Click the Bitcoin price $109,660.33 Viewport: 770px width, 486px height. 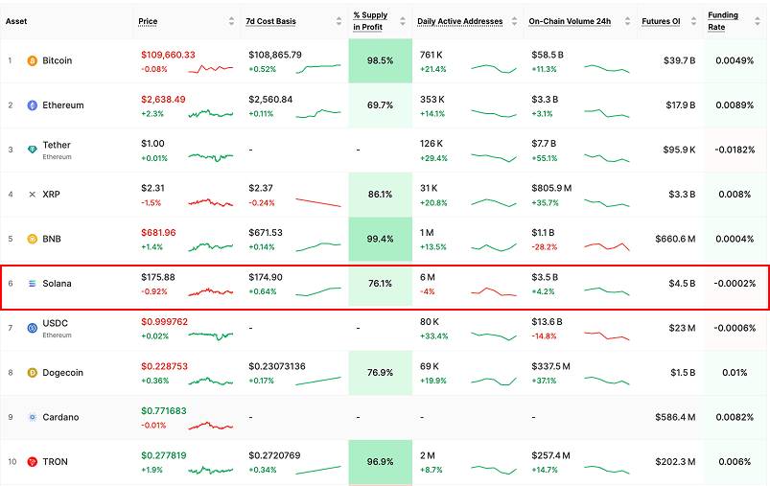pyautogui.click(x=168, y=55)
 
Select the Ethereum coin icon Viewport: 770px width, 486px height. pyautogui.click(x=32, y=105)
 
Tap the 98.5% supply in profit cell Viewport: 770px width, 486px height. pyautogui.click(x=380, y=60)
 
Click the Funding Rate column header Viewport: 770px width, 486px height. pyautogui.click(x=722, y=21)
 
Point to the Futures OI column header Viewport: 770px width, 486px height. pyautogui.click(x=662, y=21)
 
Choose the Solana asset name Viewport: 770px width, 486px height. pyautogui.click(x=57, y=284)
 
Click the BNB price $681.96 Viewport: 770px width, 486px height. pyautogui.click(x=158, y=233)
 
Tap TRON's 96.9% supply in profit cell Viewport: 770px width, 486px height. pyautogui.click(x=380, y=462)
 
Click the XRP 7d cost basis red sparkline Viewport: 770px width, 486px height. pyautogui.click(x=318, y=202)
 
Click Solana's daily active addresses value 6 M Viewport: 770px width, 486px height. pyautogui.click(x=429, y=277)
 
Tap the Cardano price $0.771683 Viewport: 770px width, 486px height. pyautogui.click(x=164, y=411)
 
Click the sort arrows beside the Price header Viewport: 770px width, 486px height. pyautogui.click(x=231, y=21)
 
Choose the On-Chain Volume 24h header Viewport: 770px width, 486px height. pyautogui.click(x=570, y=21)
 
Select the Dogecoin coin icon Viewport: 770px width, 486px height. pyautogui.click(x=32, y=373)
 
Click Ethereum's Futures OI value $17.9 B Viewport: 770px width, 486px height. pyautogui.click(x=679, y=105)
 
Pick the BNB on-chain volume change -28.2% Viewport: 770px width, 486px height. pyautogui.click(x=544, y=246)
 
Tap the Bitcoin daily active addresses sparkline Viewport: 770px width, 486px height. pyautogui.click(x=494, y=68)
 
